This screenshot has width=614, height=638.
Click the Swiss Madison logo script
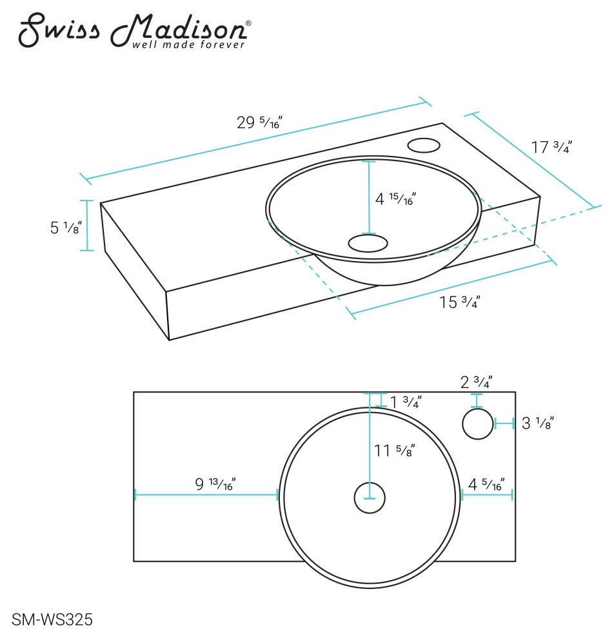129,28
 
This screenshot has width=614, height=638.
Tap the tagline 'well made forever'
188,45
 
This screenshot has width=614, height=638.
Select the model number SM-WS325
52,620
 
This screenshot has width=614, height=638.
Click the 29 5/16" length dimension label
260,122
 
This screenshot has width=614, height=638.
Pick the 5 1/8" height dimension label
66,227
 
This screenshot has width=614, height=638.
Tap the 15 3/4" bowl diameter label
459,301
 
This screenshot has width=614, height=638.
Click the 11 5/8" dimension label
394,450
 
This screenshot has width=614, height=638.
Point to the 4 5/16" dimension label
486,483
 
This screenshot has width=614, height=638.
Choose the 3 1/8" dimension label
537,423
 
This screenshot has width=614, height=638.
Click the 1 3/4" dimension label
406,402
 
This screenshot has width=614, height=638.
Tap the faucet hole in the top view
477,424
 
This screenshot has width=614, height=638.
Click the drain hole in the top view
370,499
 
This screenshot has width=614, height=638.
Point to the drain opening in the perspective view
368,243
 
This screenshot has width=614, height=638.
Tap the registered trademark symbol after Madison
248,23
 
